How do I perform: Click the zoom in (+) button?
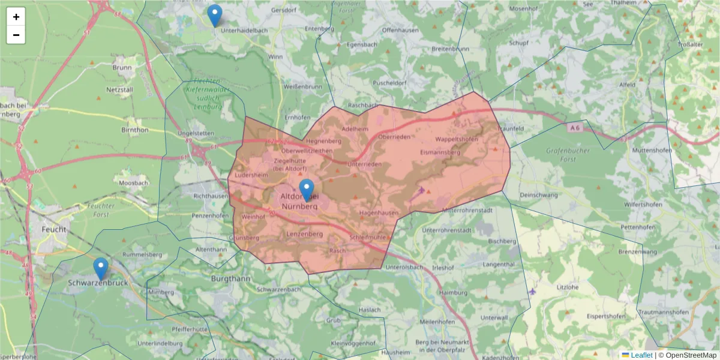click(16, 17)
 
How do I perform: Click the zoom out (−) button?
click(16, 35)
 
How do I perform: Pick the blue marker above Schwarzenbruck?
click(101, 269)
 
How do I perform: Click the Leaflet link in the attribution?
click(641, 355)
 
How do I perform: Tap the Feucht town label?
click(54, 229)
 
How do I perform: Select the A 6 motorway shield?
click(575, 128)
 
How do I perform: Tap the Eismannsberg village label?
click(440, 152)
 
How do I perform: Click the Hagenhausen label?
click(379, 213)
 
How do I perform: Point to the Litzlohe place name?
click(567, 287)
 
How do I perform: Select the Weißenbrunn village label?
click(302, 86)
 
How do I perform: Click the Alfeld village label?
click(628, 85)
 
